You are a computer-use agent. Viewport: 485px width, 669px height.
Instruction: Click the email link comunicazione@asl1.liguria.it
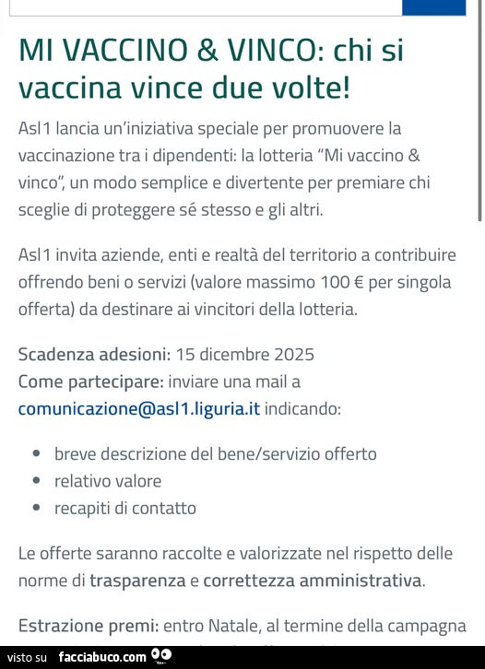(x=139, y=408)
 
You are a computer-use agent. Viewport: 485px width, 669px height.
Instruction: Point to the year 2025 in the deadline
(x=293, y=354)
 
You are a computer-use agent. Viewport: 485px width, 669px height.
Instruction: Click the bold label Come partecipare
(x=91, y=381)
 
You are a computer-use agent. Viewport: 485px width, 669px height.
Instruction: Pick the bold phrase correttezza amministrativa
(x=313, y=581)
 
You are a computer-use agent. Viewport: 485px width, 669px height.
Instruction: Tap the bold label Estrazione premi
(x=87, y=627)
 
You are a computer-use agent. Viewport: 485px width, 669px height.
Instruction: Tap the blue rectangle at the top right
(x=433, y=7)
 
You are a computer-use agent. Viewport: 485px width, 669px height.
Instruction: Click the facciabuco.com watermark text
(x=101, y=657)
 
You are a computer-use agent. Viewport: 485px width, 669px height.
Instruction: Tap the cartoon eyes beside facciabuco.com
(x=161, y=656)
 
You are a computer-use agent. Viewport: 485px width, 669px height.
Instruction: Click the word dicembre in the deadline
(x=233, y=354)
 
